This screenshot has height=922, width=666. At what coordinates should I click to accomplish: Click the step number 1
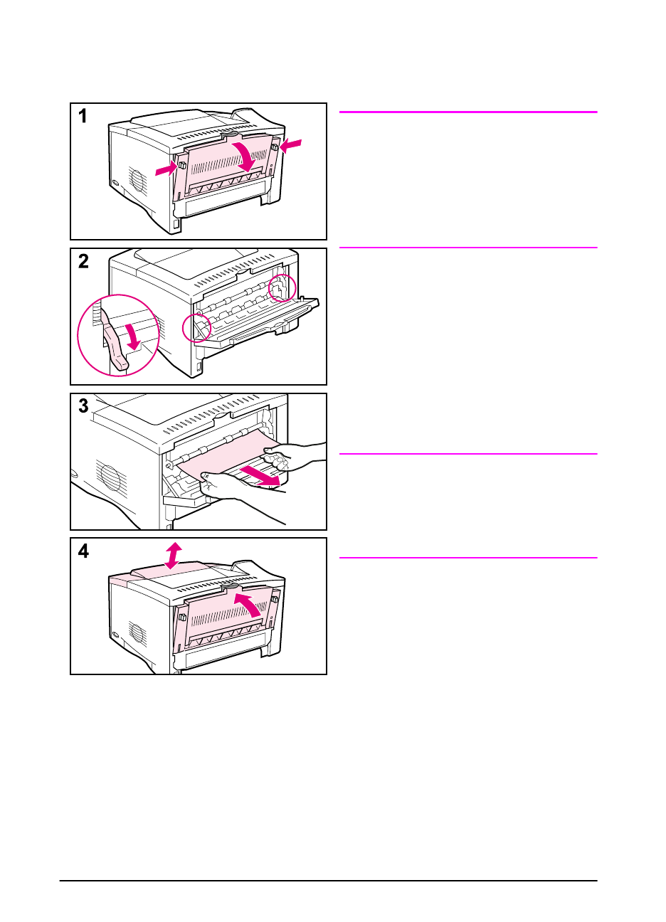click(83, 117)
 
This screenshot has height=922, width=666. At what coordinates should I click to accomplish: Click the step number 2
click(84, 262)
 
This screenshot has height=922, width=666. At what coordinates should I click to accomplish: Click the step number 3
click(84, 406)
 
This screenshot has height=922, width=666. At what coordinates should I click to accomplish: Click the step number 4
click(84, 551)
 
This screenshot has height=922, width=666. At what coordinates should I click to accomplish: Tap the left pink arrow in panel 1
click(166, 168)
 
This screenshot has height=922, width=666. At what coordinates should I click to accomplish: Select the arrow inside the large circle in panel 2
click(132, 334)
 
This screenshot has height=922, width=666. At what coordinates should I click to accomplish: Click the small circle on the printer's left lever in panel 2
click(198, 328)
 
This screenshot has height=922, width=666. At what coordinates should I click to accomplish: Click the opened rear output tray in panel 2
click(263, 324)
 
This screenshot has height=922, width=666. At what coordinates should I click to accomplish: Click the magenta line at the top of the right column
click(468, 112)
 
